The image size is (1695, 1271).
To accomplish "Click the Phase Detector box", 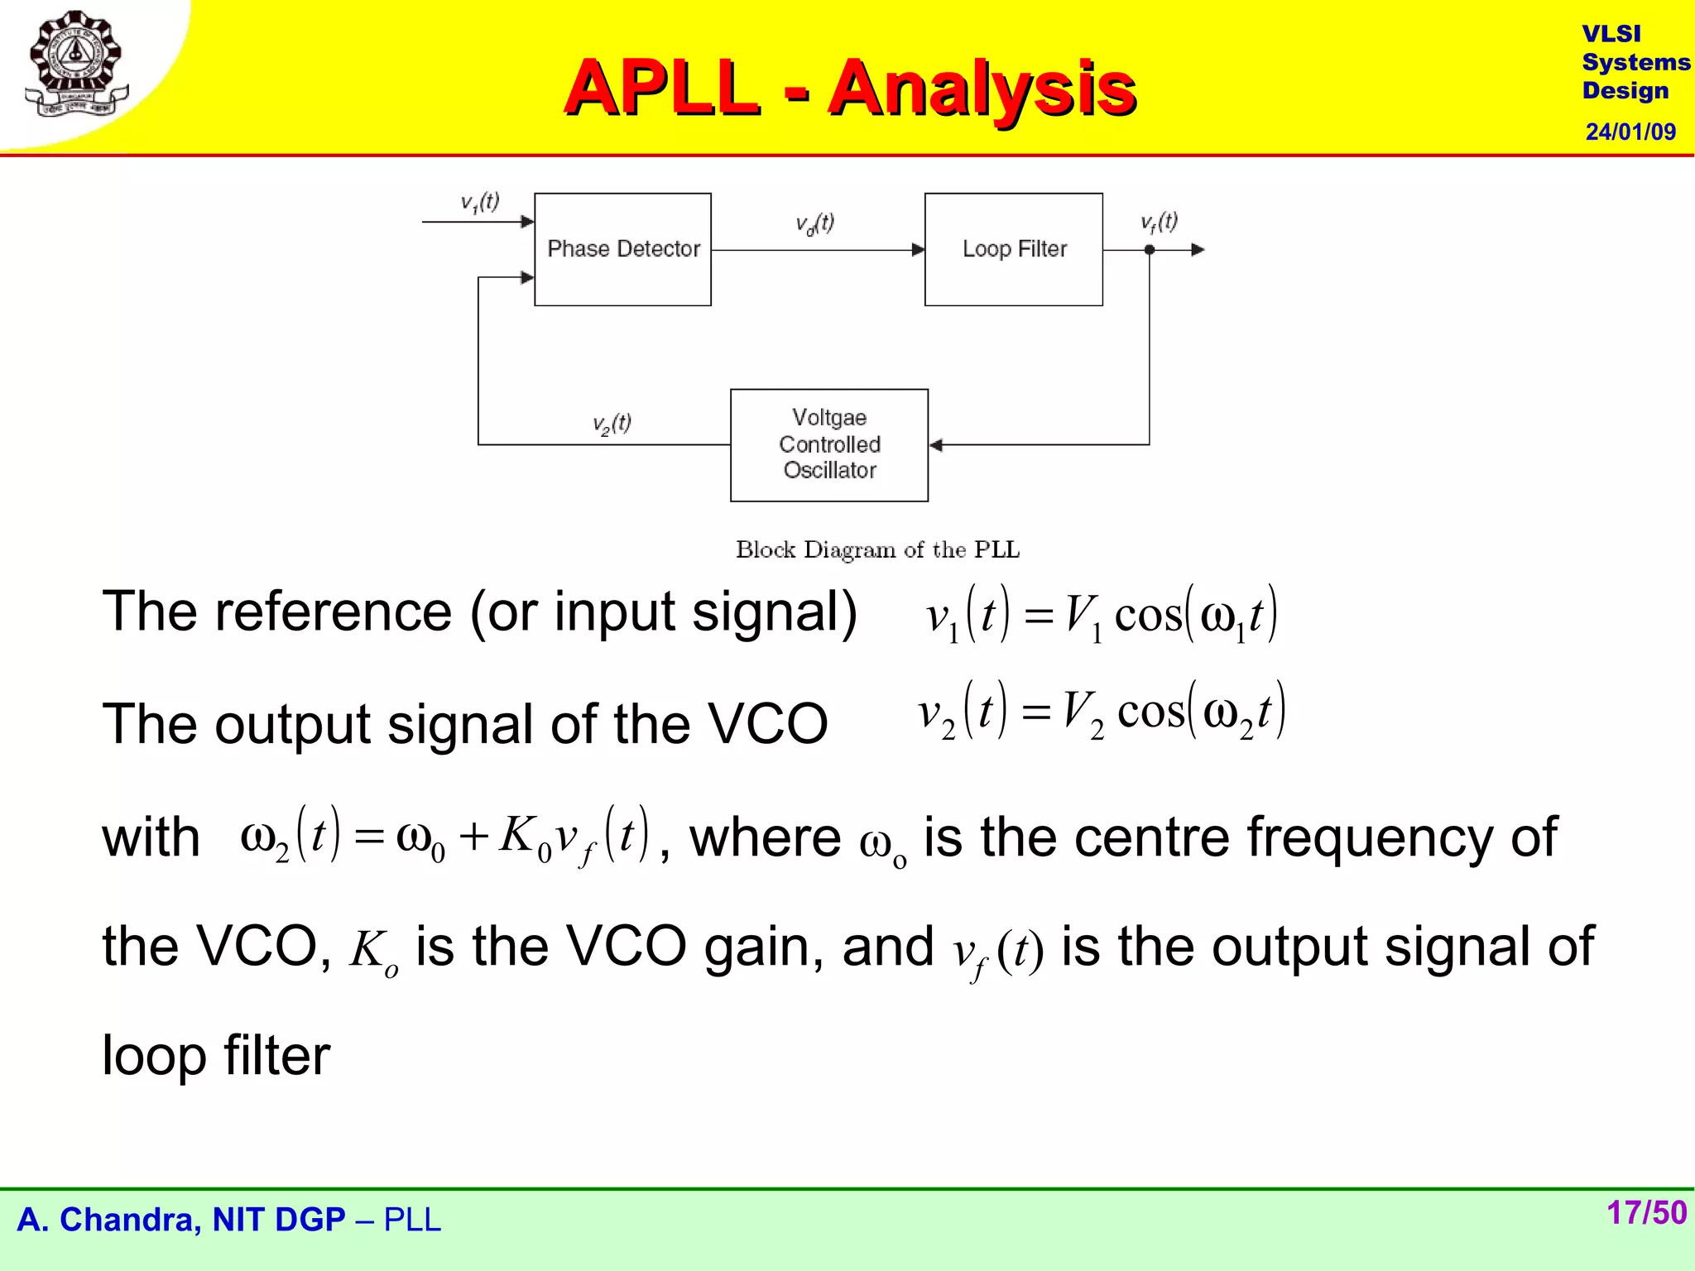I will [x=622, y=249].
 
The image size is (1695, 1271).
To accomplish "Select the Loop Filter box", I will [x=1013, y=249].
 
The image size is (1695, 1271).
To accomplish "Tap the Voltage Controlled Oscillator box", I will [x=828, y=444].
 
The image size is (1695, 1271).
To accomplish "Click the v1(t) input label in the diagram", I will [x=480, y=203].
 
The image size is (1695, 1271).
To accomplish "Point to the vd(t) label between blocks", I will [x=814, y=223].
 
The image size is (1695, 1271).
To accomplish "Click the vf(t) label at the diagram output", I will [x=1159, y=222].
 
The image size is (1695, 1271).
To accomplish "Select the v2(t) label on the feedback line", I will [x=612, y=424].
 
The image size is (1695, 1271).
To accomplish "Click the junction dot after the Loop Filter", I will [x=1149, y=249].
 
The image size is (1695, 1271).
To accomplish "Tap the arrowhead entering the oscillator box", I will [x=936, y=445].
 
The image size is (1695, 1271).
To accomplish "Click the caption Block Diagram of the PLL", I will [x=877, y=549].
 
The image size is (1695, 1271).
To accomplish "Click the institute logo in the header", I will [x=76, y=65].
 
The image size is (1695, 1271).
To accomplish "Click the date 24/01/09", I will [x=1630, y=132].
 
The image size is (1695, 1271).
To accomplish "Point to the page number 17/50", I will [x=1645, y=1212].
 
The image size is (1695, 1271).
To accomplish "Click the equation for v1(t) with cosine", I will [x=1101, y=615].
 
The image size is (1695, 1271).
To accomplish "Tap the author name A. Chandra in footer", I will [x=108, y=1220].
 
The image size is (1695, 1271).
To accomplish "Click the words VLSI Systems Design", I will [x=1634, y=62].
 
